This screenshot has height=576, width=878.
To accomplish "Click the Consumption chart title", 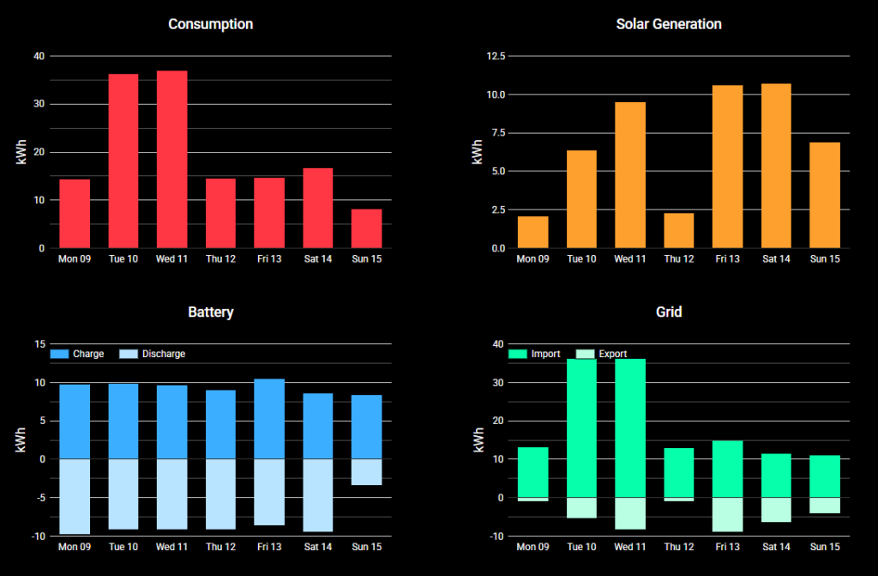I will point(210,24).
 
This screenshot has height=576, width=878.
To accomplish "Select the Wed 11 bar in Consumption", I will point(171,160).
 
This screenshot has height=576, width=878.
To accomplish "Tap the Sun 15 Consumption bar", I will point(366,228).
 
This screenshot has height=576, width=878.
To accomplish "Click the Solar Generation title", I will point(669,24).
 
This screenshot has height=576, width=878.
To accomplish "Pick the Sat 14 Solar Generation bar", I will point(775,166).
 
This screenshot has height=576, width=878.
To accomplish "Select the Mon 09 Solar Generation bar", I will point(532,232).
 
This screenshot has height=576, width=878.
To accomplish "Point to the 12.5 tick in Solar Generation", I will point(495,57).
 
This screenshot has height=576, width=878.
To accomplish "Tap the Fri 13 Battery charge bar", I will point(269,419).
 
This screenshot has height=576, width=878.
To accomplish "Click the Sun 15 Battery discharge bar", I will point(366,472).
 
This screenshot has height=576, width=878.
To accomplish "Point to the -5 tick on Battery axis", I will point(39,498).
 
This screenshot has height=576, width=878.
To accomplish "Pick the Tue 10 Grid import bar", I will point(581,427).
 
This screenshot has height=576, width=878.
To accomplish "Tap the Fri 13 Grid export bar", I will point(727,514).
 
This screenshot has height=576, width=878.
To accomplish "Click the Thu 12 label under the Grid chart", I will point(678,547).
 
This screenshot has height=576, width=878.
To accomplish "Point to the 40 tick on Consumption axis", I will point(39,57).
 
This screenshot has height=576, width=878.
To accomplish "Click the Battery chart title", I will point(210,312).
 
